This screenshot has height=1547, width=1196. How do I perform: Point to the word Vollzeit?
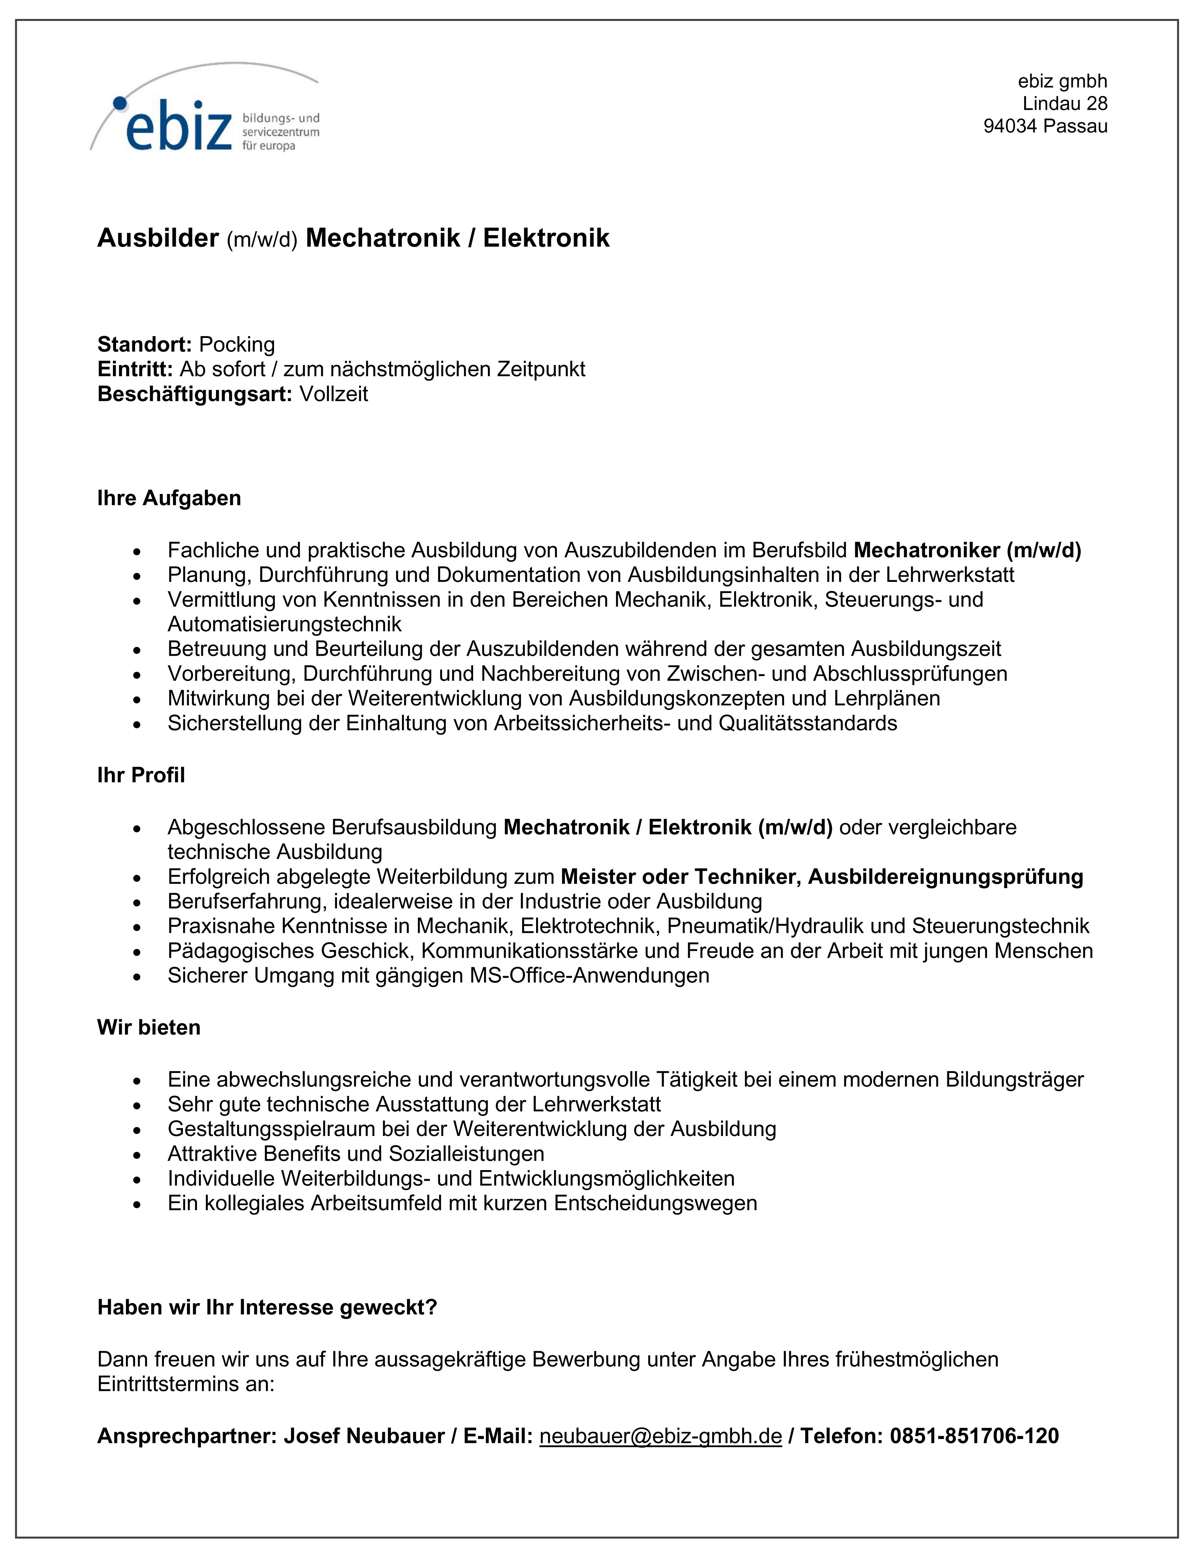pos(334,394)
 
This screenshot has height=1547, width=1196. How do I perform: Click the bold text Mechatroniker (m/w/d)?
pos(967,550)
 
